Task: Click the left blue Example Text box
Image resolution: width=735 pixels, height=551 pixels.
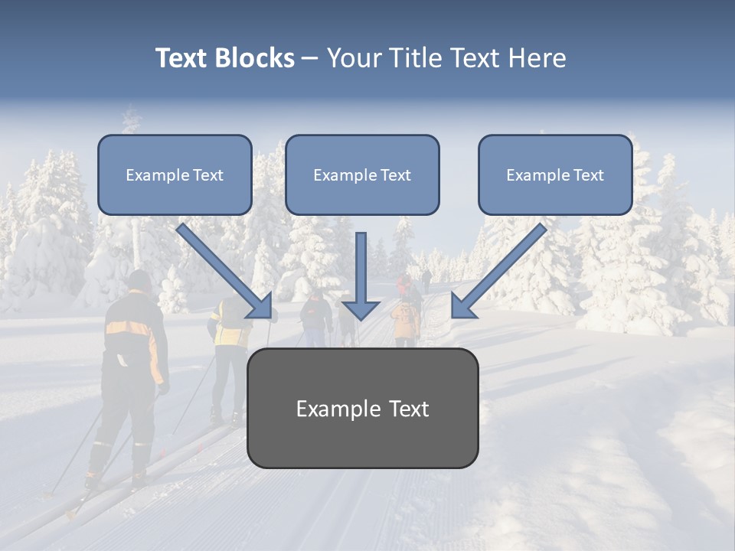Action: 175,174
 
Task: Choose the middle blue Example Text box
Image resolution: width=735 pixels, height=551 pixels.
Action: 362,174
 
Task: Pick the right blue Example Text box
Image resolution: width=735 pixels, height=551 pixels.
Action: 555,174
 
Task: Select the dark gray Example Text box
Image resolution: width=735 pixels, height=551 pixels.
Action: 362,408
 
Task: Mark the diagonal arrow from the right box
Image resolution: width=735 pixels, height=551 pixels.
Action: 499,270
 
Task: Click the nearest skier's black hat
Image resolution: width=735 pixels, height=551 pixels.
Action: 139,280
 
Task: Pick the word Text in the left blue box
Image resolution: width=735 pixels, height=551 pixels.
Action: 208,174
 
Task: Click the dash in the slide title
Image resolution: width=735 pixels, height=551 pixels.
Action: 310,58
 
